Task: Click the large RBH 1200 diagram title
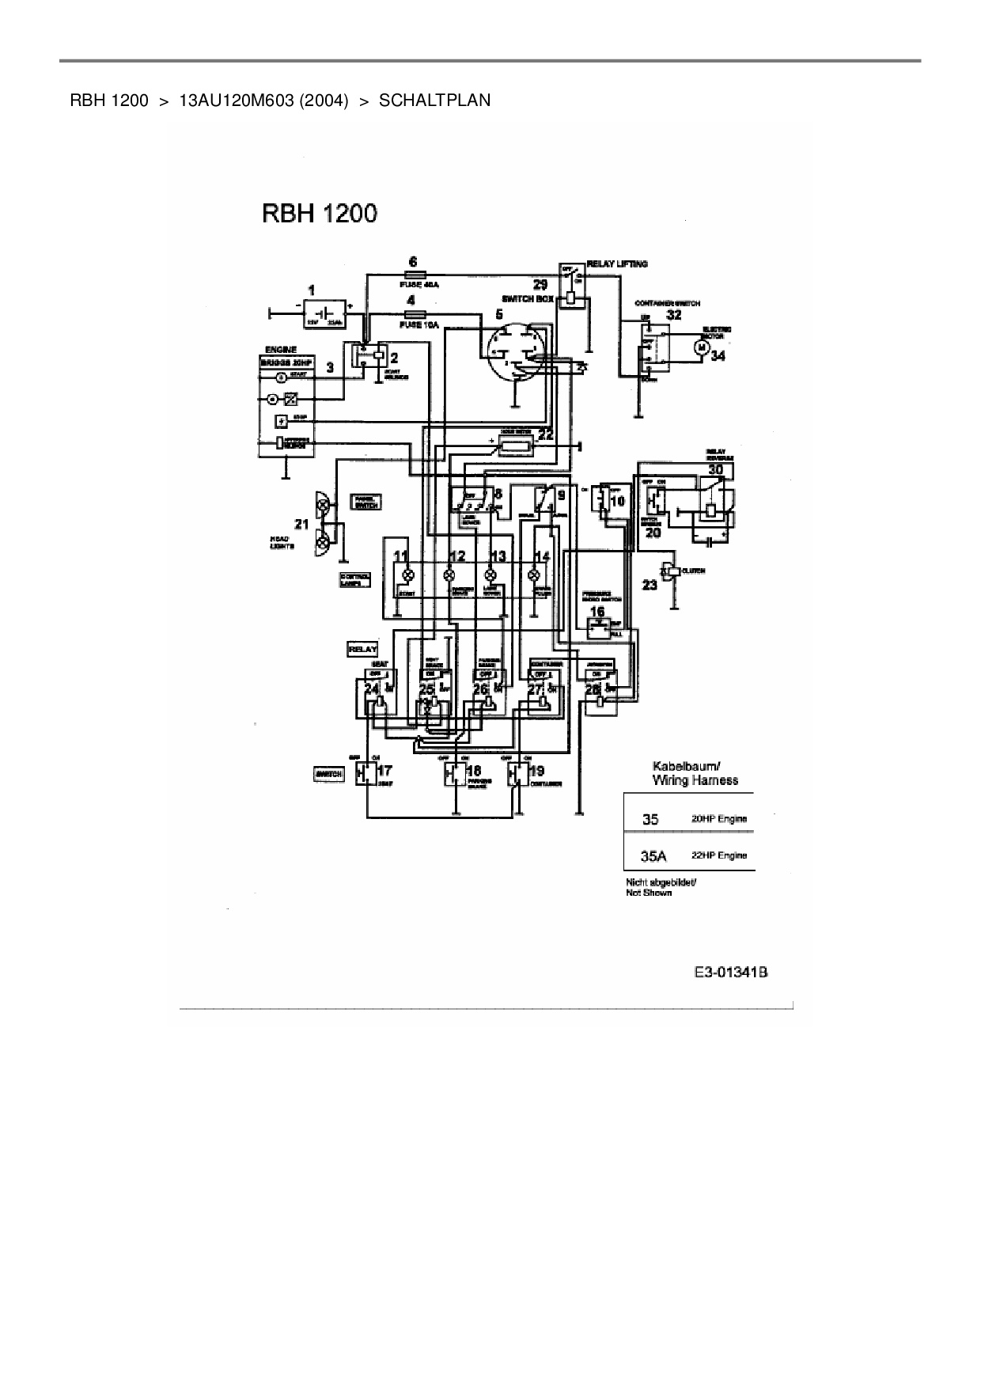click(x=320, y=214)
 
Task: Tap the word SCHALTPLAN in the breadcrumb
click(x=434, y=100)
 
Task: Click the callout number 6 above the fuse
click(x=412, y=262)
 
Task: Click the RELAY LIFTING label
click(x=617, y=264)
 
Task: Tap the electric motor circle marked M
click(x=700, y=347)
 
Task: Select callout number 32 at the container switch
click(x=674, y=315)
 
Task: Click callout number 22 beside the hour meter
click(x=545, y=434)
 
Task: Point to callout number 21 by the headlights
click(x=301, y=524)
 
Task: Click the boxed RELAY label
click(x=362, y=649)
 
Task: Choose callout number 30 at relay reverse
click(x=715, y=469)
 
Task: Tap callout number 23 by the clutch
click(x=650, y=585)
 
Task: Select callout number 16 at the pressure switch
click(x=597, y=611)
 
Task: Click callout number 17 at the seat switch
click(x=384, y=771)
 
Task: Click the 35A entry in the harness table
click(x=653, y=855)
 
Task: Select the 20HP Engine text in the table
click(x=719, y=819)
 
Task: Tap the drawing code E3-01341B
click(x=731, y=973)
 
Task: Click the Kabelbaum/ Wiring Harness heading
click(x=695, y=773)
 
